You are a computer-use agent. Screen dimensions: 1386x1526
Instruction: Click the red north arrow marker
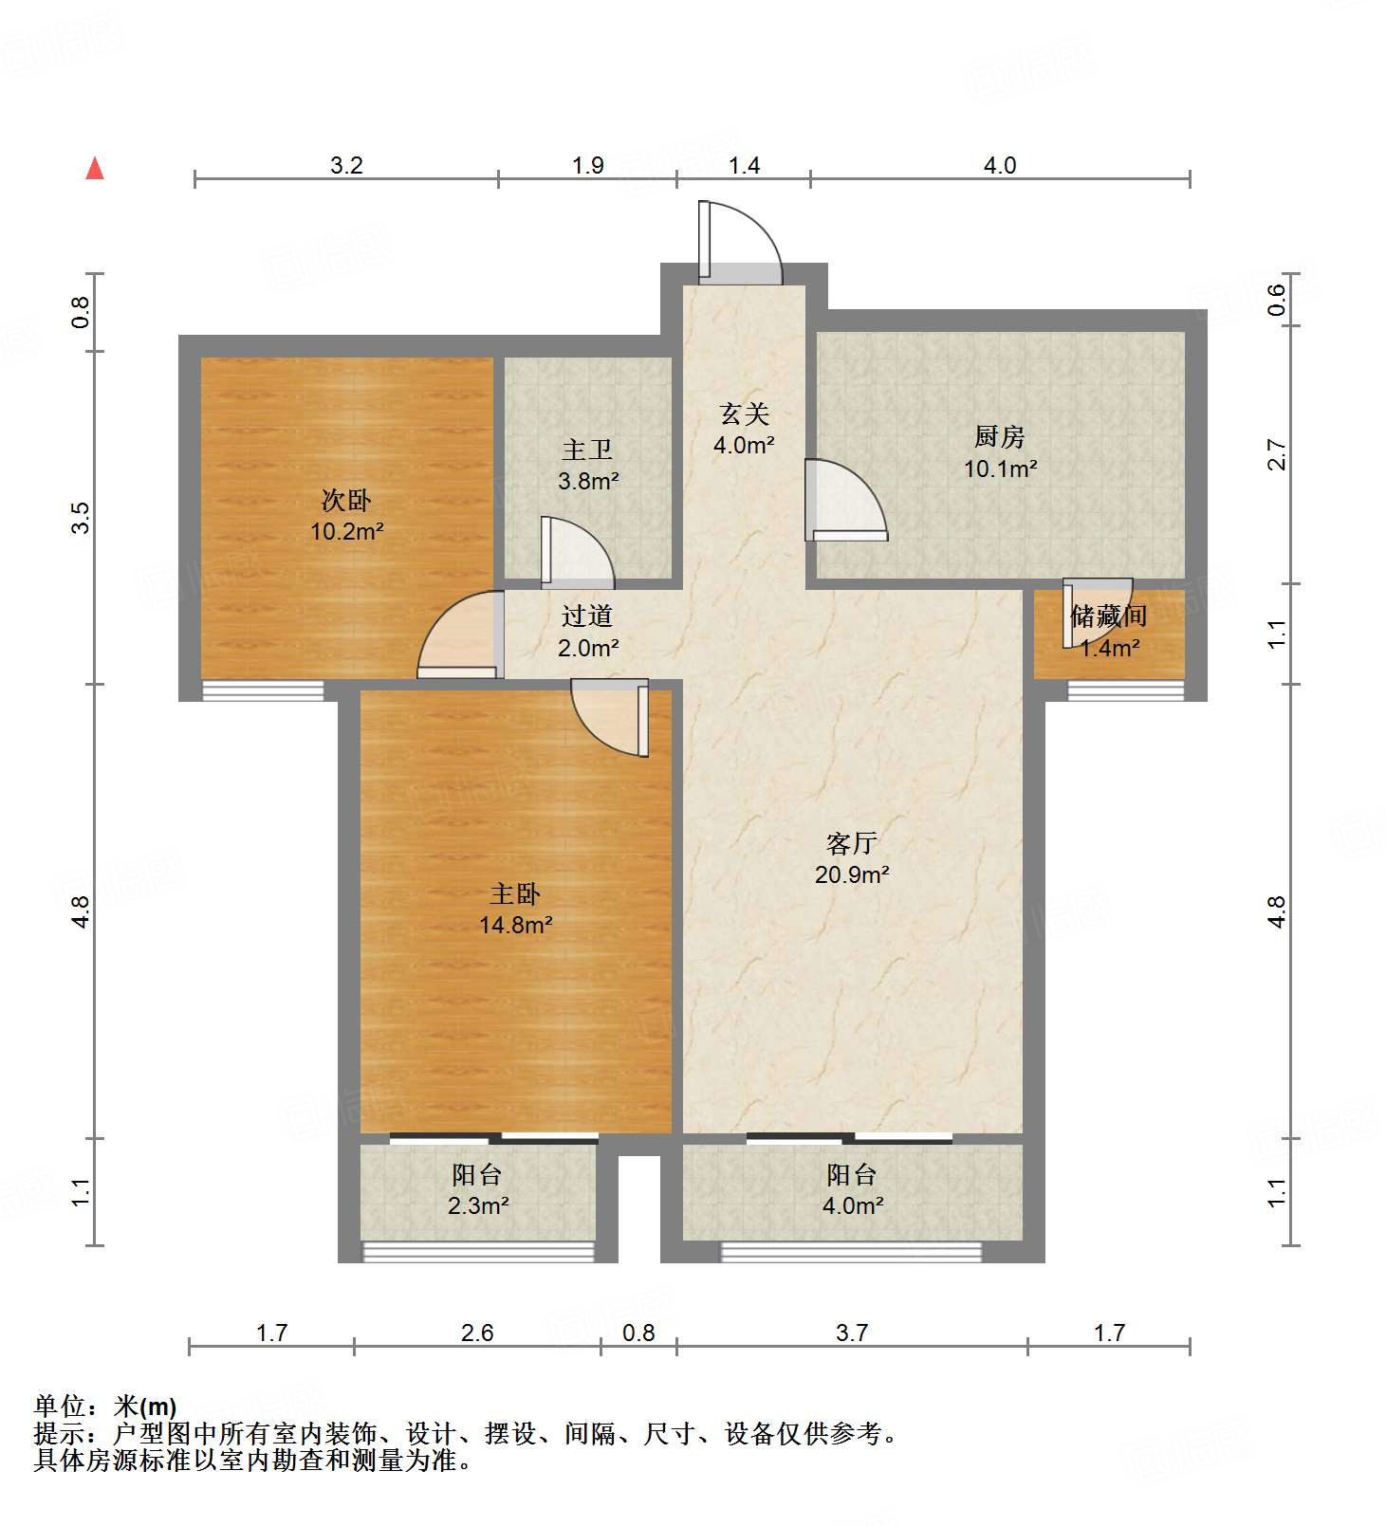click(95, 168)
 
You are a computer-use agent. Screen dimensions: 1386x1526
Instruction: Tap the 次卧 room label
click(346, 500)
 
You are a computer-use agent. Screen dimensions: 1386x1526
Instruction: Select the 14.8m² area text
click(516, 924)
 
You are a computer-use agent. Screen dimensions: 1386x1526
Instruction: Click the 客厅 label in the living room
click(851, 842)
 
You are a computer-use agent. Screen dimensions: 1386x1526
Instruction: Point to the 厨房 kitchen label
click(1000, 436)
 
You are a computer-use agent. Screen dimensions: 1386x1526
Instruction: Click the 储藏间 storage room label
click(1109, 616)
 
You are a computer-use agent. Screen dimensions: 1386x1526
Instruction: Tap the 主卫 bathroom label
click(587, 450)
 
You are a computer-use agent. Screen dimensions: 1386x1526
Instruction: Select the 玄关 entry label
click(744, 414)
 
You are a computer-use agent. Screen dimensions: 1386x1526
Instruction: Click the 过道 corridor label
click(587, 616)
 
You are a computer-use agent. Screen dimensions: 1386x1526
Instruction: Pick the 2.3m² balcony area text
click(478, 1205)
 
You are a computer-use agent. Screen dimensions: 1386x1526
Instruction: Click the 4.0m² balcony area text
click(853, 1205)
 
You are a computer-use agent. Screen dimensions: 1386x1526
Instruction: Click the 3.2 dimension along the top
click(346, 165)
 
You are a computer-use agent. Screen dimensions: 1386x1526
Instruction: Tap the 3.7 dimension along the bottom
click(852, 1333)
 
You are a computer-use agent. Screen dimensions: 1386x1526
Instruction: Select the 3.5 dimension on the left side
click(81, 517)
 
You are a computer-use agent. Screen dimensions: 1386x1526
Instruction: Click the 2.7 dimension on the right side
click(1277, 455)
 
